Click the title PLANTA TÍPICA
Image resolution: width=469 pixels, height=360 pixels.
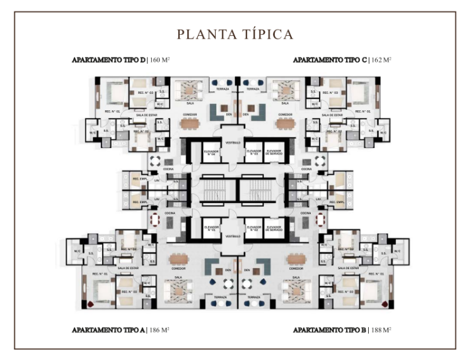point(234,34)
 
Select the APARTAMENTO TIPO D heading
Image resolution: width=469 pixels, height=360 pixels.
point(108,61)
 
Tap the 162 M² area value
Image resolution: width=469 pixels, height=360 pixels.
point(380,61)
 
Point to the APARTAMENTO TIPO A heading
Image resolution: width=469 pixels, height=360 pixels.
point(108,330)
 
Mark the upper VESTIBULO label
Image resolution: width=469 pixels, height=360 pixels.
point(234,143)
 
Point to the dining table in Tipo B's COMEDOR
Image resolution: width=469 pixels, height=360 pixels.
point(296,258)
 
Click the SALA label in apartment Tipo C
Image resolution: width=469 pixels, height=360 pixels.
point(286,102)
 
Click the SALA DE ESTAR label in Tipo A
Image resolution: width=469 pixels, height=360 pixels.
point(128,268)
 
